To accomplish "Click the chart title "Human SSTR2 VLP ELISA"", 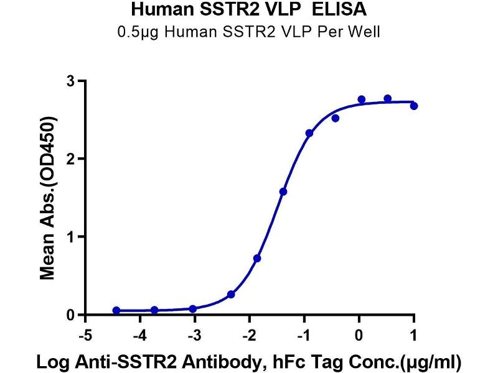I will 248,10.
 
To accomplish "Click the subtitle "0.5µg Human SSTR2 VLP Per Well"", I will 248,31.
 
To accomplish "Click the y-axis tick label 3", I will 72,81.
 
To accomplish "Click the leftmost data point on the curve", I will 116,310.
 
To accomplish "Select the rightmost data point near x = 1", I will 414,106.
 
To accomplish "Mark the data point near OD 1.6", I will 283,191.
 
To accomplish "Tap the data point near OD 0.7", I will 257,258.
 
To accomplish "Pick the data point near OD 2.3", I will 309,133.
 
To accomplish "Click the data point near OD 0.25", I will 231,294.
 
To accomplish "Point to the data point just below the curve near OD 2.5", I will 336,118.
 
